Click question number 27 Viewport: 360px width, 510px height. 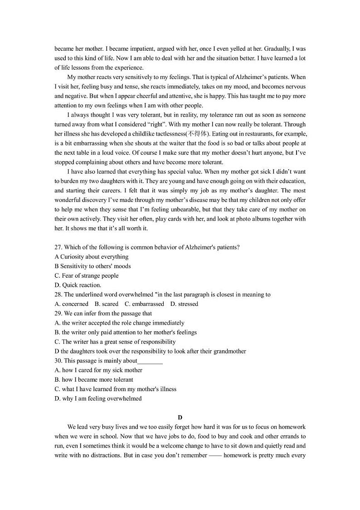[58, 247]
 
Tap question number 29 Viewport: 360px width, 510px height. [58, 314]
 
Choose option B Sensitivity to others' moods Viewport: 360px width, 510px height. [92, 266]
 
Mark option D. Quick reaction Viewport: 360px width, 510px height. [78, 285]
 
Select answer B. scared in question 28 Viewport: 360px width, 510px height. [107, 304]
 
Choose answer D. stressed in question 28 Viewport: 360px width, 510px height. [184, 304]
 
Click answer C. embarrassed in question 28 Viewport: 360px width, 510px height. [144, 304]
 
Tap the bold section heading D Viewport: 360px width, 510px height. [180, 417]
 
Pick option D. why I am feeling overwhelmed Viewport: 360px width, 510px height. [98, 399]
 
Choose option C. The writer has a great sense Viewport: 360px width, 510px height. [115, 342]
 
